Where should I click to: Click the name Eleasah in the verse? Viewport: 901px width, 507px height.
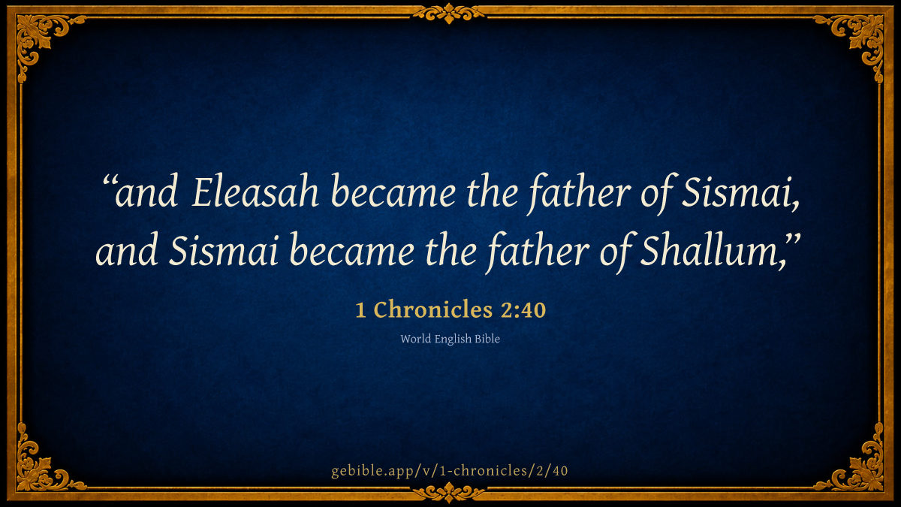pos(255,192)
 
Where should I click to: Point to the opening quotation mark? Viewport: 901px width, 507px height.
pos(109,181)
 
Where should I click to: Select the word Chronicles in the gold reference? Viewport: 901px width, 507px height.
pos(433,309)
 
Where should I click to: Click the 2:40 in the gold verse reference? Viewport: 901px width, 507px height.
pos(523,310)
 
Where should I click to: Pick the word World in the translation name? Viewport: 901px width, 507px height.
pos(415,339)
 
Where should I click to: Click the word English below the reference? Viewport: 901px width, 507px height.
pos(453,340)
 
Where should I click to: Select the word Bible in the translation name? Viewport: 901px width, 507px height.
pos(487,339)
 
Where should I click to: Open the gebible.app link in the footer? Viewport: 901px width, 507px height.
pos(450,471)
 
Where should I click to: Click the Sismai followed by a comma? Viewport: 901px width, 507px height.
pos(740,192)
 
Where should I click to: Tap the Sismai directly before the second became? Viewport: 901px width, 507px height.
pos(224,250)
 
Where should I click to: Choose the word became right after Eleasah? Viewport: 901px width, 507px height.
pos(393,192)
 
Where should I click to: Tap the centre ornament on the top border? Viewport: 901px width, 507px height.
pos(449,14)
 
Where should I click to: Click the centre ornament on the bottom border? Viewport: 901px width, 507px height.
pos(449,492)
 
